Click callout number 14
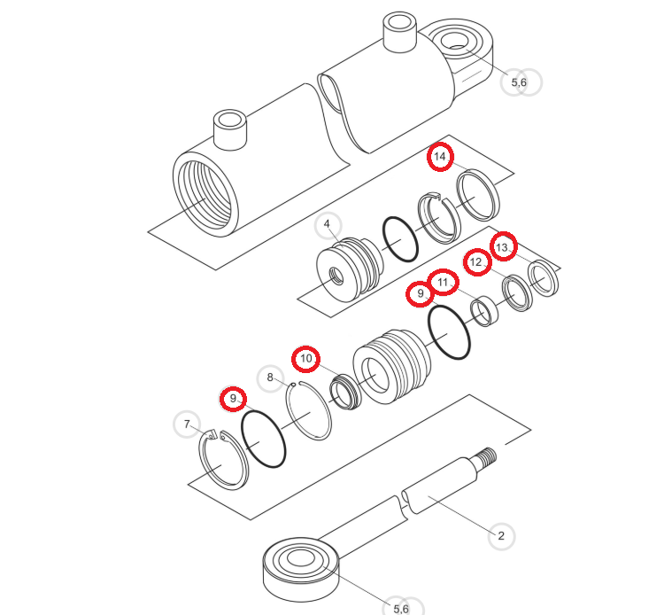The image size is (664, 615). pos(440,157)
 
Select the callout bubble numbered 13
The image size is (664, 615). pos(503,246)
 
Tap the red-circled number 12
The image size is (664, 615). pos(477,262)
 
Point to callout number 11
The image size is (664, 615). pos(443,282)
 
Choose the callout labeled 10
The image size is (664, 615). pos(305,359)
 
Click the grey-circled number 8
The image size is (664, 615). pos(271,378)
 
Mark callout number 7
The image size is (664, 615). pos(187,424)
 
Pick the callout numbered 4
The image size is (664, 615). pos(328,225)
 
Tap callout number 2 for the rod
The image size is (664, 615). pos(501,536)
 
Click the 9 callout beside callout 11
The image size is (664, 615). pos(420,293)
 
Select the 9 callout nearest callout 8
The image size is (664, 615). pos(233,399)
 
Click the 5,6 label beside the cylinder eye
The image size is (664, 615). pos(521,82)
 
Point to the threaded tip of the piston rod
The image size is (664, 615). pos(487,456)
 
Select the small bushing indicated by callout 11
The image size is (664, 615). pos(484,312)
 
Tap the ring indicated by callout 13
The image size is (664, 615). pos(544,277)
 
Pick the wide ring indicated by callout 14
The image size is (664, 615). pos(478,195)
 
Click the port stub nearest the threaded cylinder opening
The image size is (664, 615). pos(230,129)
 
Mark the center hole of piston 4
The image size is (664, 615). pos(337,276)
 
